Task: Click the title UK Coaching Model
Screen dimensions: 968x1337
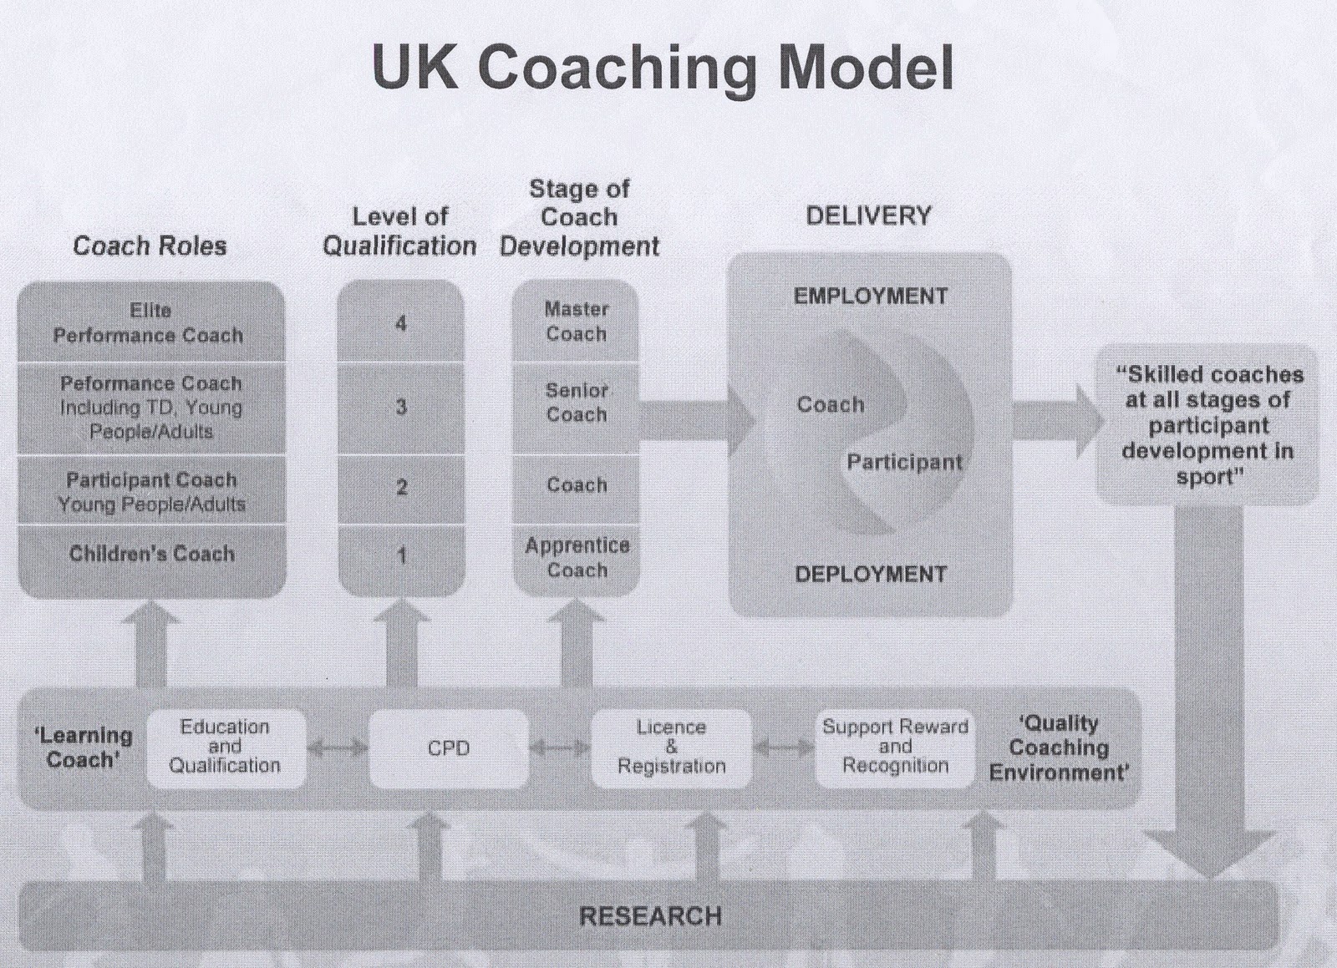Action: tap(662, 67)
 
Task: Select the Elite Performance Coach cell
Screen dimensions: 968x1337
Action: tap(150, 322)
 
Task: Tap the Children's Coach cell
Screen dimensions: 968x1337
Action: tap(151, 554)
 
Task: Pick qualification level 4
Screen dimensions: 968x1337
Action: tap(401, 323)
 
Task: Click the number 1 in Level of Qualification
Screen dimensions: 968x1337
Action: tap(401, 555)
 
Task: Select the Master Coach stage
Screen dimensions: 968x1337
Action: tap(576, 322)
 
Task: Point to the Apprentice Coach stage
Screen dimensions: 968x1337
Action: tap(577, 558)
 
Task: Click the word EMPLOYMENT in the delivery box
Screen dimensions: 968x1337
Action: tap(870, 296)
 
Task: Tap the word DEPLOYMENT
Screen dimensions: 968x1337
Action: tap(870, 575)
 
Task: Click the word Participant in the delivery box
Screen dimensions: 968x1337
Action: tap(904, 462)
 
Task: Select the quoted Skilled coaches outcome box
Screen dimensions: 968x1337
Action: tap(1208, 425)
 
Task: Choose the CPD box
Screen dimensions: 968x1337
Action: tap(449, 748)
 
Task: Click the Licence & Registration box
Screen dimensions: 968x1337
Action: tap(671, 748)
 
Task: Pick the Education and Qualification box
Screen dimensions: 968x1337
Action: tap(225, 747)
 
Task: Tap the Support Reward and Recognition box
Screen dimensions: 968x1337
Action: tap(895, 747)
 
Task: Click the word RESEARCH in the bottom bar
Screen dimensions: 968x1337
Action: tap(650, 916)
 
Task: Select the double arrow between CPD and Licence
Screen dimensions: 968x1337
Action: tap(560, 748)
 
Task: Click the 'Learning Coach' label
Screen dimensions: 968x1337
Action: tap(83, 748)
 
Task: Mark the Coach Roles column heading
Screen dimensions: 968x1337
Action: tap(150, 246)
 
